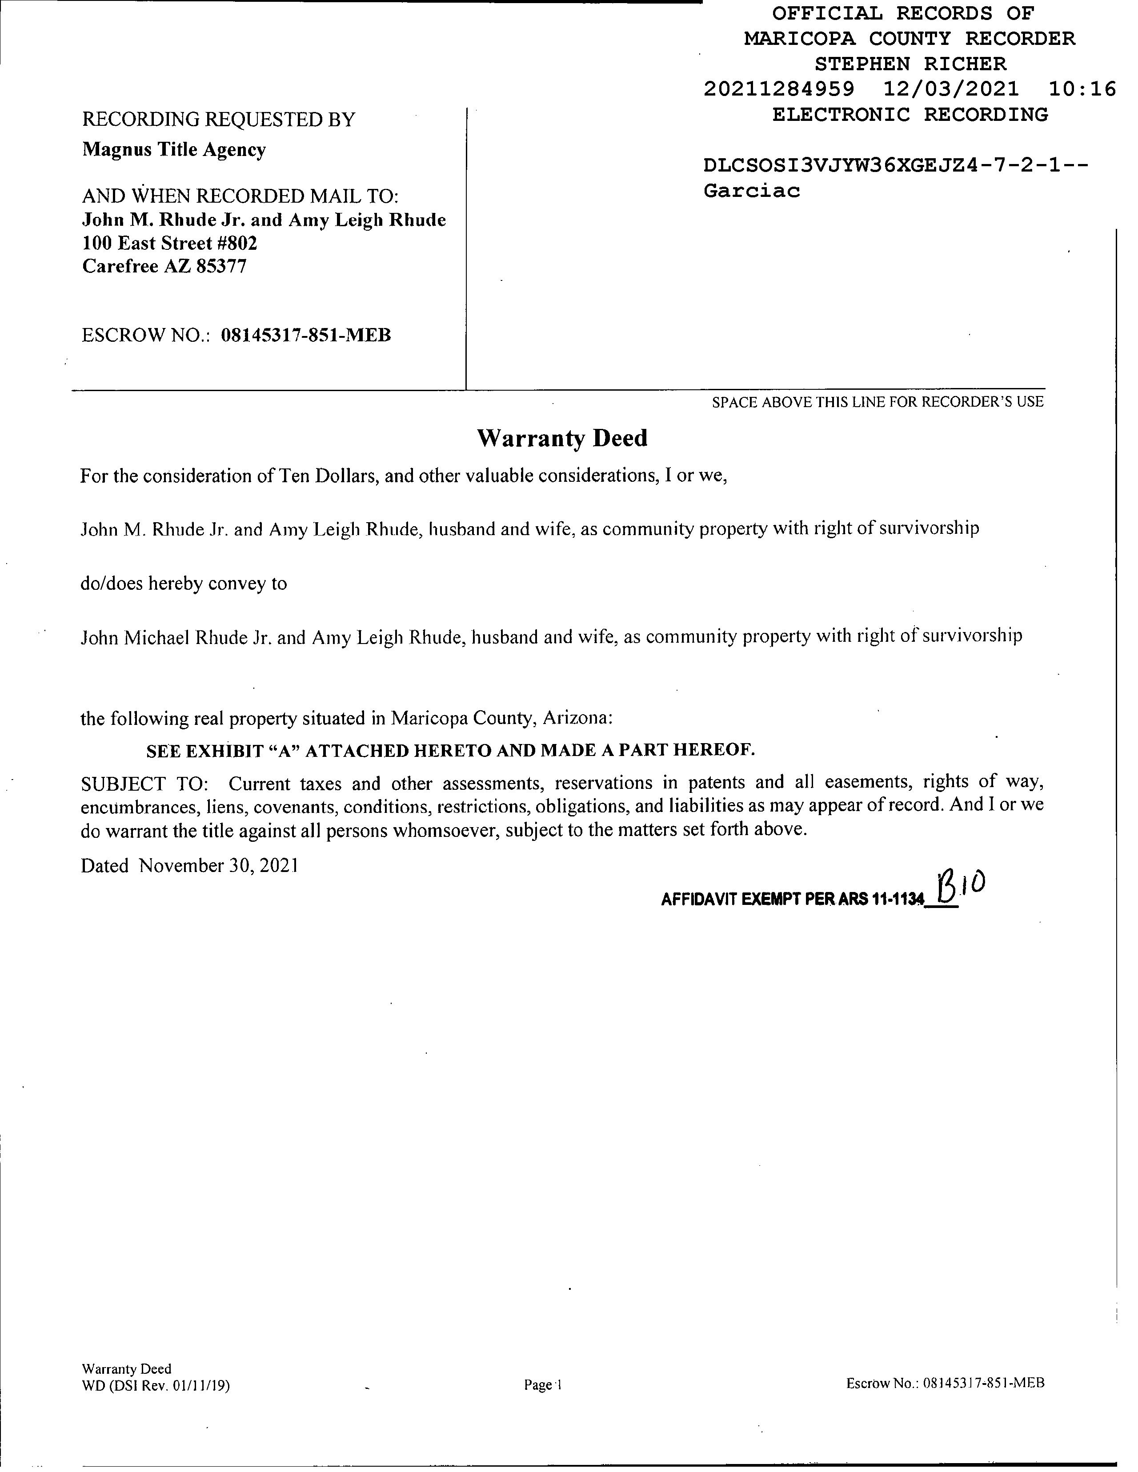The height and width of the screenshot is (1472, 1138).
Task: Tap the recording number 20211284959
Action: tap(779, 89)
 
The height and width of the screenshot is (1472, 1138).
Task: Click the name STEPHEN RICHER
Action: tap(910, 64)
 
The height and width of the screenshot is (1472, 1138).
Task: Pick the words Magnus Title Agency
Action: tap(174, 150)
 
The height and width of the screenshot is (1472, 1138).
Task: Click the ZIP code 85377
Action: tap(221, 266)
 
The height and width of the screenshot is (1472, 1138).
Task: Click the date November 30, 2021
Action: tap(218, 865)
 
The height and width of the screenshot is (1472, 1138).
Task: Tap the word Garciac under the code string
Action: tap(752, 191)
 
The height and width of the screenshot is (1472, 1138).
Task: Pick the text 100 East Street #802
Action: tap(170, 243)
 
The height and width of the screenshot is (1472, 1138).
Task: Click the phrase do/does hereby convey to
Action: tap(184, 583)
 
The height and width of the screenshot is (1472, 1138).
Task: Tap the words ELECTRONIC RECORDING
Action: tap(910, 115)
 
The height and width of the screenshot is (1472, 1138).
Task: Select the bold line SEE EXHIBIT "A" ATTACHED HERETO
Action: tap(450, 750)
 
